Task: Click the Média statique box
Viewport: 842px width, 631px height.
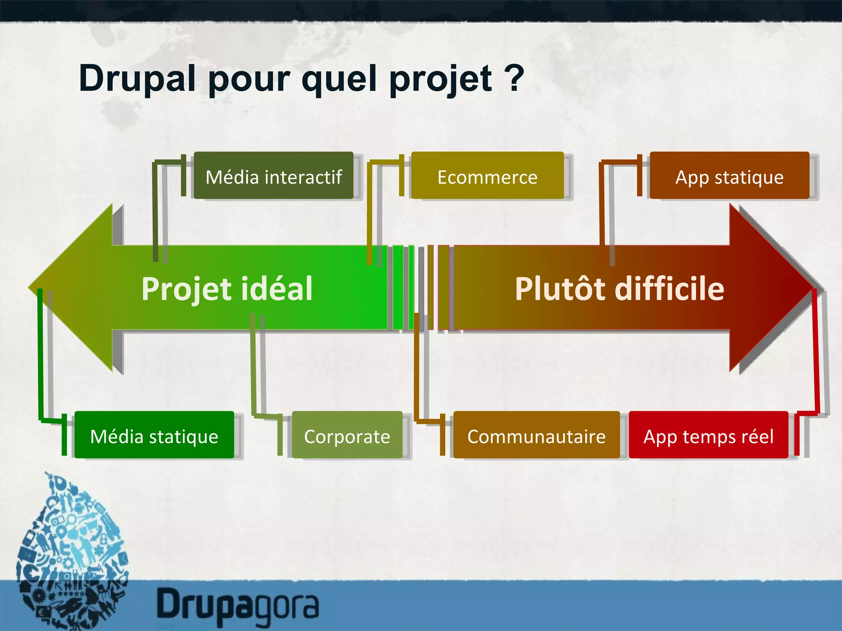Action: coord(154,435)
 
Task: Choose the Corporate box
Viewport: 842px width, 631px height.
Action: coord(347,435)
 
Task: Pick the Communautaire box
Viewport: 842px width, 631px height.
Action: coord(536,435)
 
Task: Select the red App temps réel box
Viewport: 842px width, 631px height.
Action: coord(708,435)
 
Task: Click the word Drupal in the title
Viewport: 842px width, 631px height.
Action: coord(137,79)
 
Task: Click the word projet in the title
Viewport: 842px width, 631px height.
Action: coord(440,80)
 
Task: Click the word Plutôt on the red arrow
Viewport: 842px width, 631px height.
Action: coord(561,288)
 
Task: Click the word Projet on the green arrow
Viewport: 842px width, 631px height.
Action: coord(186,289)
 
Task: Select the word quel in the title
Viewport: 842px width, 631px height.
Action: coord(339,79)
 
